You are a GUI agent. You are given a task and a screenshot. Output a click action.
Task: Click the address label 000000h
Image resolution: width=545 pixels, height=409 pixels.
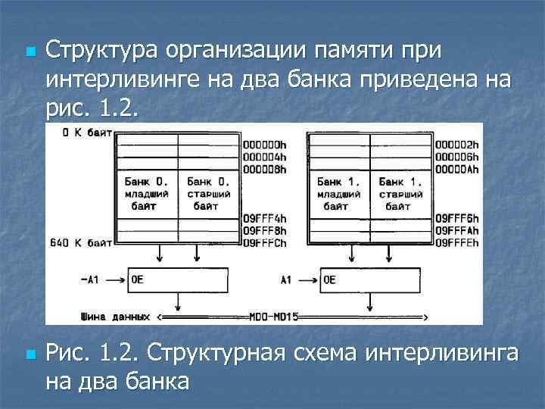click(264, 142)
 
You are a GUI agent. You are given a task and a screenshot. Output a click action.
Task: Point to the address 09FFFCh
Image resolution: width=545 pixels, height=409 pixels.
click(264, 242)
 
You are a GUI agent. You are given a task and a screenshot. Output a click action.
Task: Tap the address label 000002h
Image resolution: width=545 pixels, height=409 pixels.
click(459, 142)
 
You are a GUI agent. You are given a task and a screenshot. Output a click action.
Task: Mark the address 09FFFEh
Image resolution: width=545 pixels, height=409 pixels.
click(459, 242)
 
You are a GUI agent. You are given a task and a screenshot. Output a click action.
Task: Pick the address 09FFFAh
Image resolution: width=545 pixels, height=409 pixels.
click(459, 231)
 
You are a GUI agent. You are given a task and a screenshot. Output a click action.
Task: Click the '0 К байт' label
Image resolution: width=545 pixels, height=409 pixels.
click(87, 133)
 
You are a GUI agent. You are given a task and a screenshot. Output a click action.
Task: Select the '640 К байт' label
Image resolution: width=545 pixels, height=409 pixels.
click(80, 243)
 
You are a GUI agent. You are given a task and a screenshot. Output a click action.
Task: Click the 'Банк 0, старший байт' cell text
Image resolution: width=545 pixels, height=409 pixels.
click(210, 194)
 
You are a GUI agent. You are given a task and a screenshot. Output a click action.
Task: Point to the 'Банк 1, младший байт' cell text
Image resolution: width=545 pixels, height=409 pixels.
click(339, 194)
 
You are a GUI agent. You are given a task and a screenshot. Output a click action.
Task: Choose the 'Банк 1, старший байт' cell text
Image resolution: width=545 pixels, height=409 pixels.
click(401, 194)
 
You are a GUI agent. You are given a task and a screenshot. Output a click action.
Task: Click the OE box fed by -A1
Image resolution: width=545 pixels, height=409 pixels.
click(178, 280)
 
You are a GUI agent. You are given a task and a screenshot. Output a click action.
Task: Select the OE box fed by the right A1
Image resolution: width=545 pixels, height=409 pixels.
click(371, 280)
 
